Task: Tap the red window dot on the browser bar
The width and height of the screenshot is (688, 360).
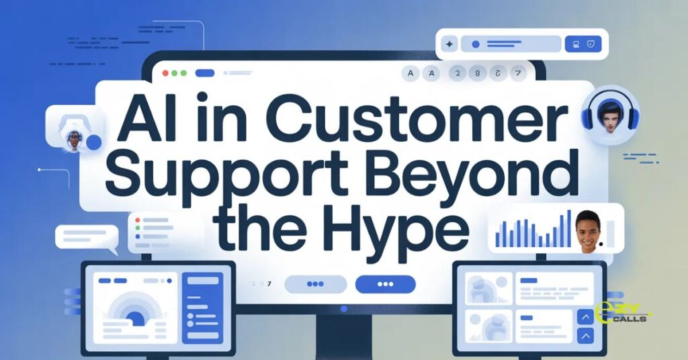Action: click(165, 73)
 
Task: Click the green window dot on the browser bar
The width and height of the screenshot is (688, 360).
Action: click(183, 73)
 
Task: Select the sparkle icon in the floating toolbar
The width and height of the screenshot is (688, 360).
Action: click(449, 44)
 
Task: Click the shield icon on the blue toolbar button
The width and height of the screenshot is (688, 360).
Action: click(592, 44)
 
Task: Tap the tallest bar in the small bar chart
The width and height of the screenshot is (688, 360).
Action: click(568, 228)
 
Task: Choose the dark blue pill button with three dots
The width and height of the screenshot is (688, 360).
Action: click(385, 284)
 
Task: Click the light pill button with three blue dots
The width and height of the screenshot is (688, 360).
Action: click(315, 284)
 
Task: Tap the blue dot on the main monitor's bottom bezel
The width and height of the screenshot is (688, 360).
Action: click(344, 309)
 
